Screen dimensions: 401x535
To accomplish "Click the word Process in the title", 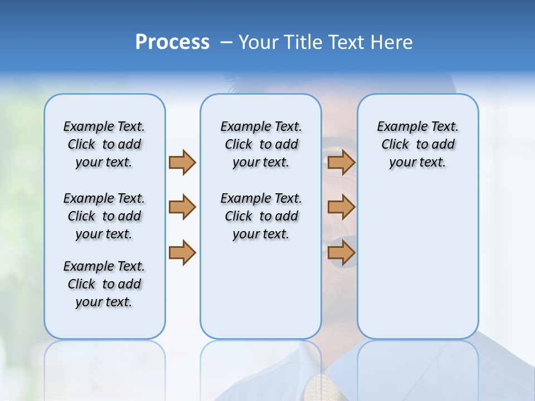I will tap(172, 42).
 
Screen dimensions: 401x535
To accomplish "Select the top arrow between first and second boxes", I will tap(182, 162).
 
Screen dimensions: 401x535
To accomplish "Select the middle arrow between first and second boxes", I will tap(182, 207).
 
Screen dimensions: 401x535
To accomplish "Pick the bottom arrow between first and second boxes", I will tap(182, 252).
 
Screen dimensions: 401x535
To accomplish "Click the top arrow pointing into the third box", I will tap(341, 162).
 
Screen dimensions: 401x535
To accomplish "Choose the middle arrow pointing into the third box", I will tap(341, 207).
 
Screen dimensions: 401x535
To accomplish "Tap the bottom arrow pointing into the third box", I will tap(341, 252).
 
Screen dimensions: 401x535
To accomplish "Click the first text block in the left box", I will tap(104, 144).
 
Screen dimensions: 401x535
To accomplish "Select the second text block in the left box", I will tap(104, 216).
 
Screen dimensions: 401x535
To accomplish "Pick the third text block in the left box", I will tap(104, 284).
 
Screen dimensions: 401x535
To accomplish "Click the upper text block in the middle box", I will tap(261, 144).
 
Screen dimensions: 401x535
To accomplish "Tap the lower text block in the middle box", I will tap(261, 216).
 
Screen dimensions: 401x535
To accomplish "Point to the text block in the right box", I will tap(417, 144).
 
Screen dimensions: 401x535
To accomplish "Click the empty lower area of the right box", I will tap(417, 267).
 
